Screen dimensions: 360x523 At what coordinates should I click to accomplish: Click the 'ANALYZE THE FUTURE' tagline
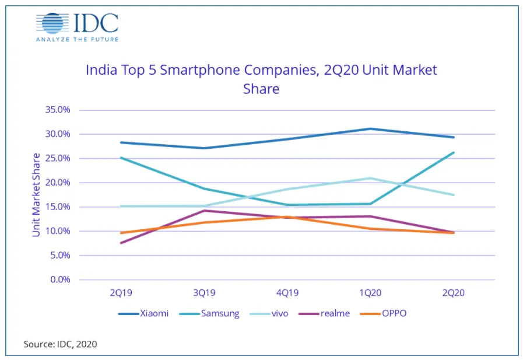(x=77, y=40)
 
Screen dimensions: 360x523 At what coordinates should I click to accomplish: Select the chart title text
(x=261, y=79)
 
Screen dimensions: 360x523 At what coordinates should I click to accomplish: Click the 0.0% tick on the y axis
(x=60, y=280)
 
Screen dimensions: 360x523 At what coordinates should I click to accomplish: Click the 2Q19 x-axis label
(x=120, y=294)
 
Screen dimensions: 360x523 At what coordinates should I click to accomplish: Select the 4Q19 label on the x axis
(x=287, y=294)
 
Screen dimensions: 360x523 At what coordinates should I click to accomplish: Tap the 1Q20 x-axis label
(x=370, y=294)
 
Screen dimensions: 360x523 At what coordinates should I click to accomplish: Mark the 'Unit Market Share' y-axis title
(x=36, y=194)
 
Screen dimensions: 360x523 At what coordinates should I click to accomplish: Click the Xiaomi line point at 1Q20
(x=370, y=128)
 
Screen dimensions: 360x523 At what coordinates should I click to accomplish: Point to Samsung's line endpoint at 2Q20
(x=454, y=153)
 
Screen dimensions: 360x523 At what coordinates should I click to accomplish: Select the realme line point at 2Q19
(x=120, y=243)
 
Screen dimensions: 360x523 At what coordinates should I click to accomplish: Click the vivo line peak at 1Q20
(x=370, y=178)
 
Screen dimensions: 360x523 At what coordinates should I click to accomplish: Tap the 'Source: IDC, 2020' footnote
(x=60, y=344)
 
